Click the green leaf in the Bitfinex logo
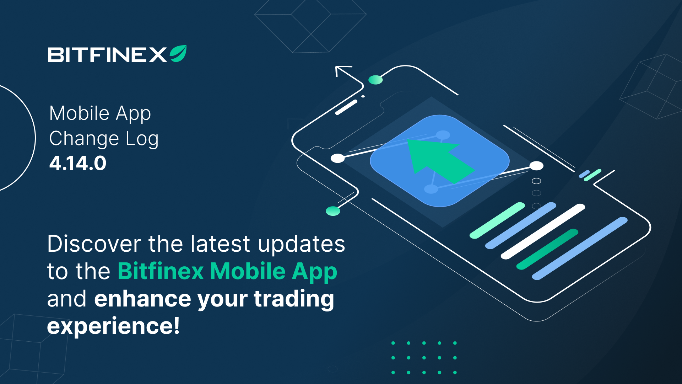pos(178,54)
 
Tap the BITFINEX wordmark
pos(107,55)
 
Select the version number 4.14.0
pos(78,164)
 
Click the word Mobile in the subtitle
pos(79,113)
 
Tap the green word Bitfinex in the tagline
pos(161,271)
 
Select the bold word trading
pos(294,299)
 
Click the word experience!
pos(113,326)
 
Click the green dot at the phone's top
pos(375,80)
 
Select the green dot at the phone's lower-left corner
pos(333,211)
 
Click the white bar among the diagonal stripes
pos(543,231)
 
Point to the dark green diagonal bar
pos(547,249)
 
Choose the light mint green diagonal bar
pos(497,220)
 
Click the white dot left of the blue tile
pos(337,158)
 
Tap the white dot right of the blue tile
pos(536,166)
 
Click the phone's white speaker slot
pos(346,107)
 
